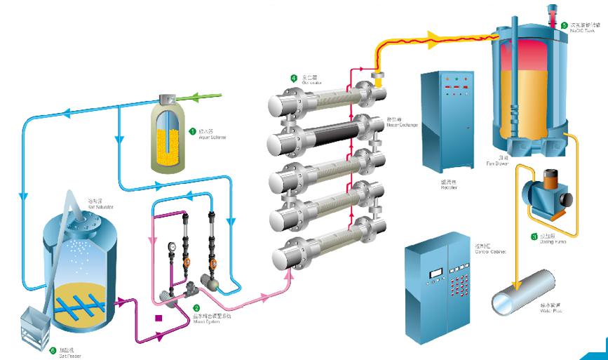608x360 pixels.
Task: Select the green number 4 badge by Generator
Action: click(x=294, y=77)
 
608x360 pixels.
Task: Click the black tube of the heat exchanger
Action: click(x=323, y=141)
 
